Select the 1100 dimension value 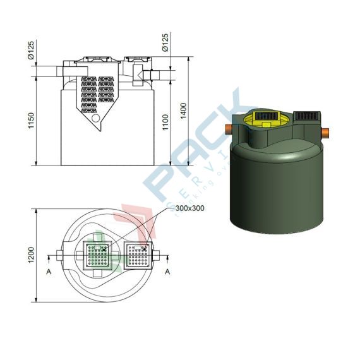[165, 121]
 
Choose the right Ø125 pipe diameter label [165, 43]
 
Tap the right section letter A [167, 273]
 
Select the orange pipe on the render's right [327, 133]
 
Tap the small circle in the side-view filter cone [95, 117]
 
